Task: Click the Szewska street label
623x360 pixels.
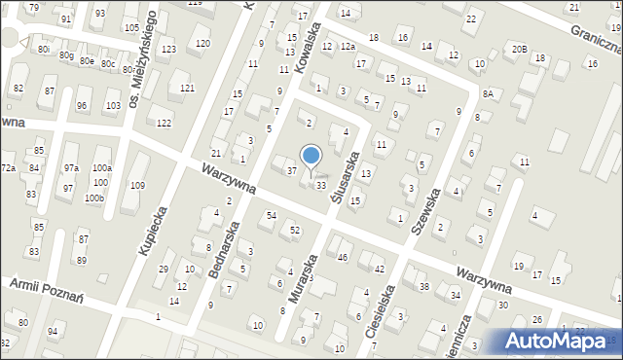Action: pyautogui.click(x=428, y=212)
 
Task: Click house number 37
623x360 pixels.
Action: pyautogui.click(x=291, y=171)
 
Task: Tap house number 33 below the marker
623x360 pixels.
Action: pyautogui.click(x=320, y=185)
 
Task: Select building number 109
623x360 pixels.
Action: pyautogui.click(x=138, y=185)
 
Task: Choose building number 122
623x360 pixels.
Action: pyautogui.click(x=164, y=123)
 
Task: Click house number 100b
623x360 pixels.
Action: pyautogui.click(x=93, y=198)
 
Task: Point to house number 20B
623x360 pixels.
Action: pyautogui.click(x=520, y=49)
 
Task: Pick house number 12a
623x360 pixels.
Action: pyautogui.click(x=348, y=46)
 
